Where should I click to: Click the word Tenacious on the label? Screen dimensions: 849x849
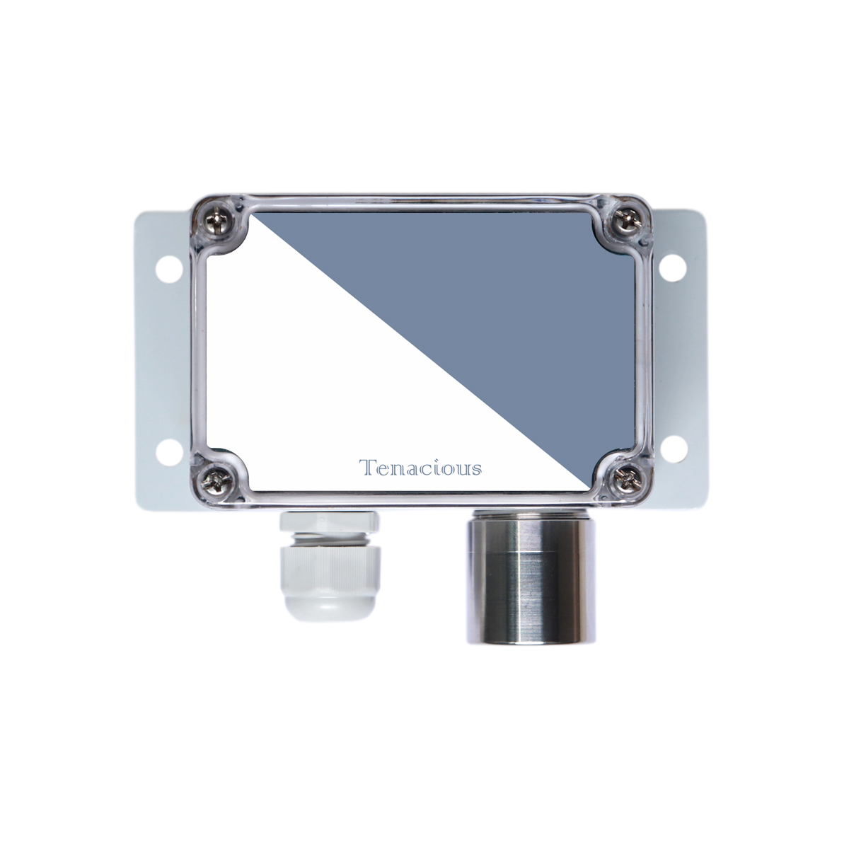(420, 468)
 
